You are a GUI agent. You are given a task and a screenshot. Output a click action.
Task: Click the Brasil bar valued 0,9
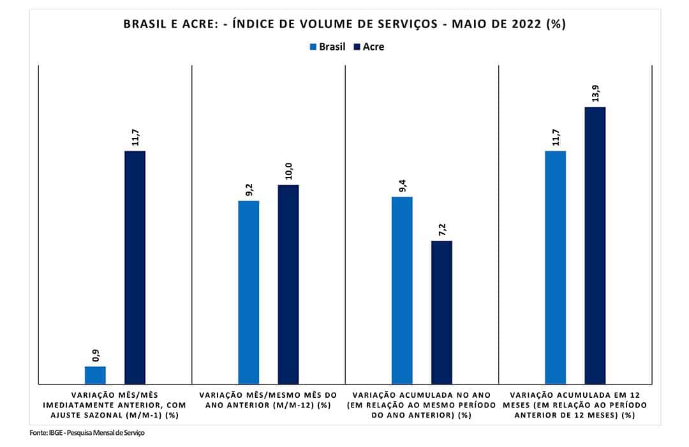[x=95, y=375]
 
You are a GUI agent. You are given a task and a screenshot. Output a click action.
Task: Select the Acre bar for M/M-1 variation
[x=135, y=267]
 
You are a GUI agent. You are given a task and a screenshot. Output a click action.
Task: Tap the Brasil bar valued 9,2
[x=249, y=292]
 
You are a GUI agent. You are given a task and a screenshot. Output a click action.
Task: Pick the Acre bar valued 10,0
[x=288, y=284]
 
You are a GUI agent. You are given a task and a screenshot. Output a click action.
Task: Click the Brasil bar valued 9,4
[x=402, y=290]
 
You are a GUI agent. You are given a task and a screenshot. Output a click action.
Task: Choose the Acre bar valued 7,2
[x=441, y=312]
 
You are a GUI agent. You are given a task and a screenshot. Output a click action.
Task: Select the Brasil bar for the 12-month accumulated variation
[x=555, y=267]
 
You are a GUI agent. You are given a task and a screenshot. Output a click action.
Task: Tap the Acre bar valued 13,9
[x=595, y=245]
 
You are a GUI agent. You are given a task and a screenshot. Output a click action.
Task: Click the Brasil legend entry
[x=327, y=47]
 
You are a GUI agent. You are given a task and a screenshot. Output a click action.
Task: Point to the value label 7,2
[x=441, y=229]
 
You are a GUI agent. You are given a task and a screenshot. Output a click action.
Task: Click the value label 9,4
[x=403, y=185]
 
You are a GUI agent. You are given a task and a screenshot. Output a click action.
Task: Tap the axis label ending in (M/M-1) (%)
[x=115, y=405]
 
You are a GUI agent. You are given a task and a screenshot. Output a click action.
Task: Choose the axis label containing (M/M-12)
[x=268, y=400]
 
